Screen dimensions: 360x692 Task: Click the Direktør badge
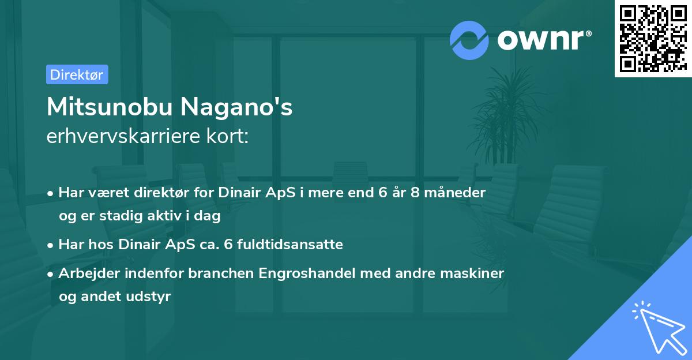pyautogui.click(x=77, y=74)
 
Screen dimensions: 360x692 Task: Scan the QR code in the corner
pyautogui.click(x=653, y=38)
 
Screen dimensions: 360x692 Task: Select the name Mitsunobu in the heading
pyautogui.click(x=110, y=107)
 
